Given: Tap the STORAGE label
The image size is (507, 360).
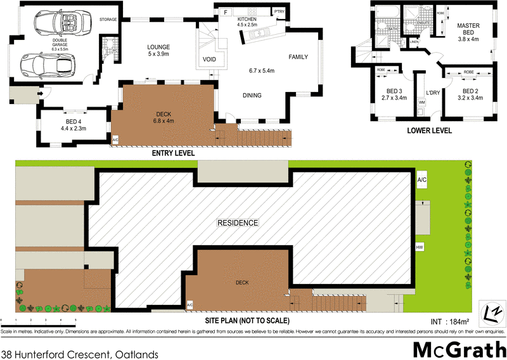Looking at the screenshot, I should [x=108, y=20].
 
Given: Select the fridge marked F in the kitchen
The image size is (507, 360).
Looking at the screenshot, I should [x=224, y=12].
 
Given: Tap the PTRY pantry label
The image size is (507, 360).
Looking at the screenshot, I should [x=278, y=11].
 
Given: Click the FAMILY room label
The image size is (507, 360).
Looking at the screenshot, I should [x=298, y=57].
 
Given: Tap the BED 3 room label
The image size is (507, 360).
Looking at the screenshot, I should [x=394, y=94].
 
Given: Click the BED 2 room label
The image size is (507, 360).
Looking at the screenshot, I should [x=470, y=94].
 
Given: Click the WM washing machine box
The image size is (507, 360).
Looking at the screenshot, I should [x=421, y=101].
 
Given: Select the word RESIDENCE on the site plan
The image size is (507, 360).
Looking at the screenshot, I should [x=238, y=223].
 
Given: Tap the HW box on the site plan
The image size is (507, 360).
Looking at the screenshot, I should [x=420, y=247].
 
